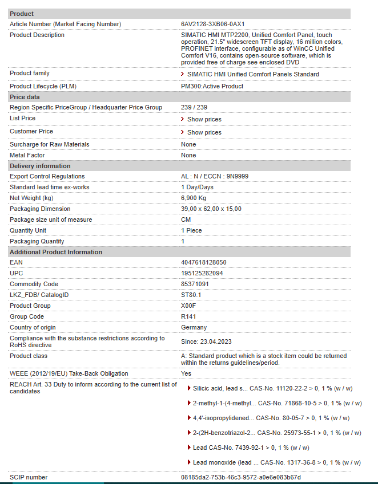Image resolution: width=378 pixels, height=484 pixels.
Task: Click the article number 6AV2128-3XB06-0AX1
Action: click(x=212, y=24)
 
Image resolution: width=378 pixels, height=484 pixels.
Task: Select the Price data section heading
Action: click(x=25, y=97)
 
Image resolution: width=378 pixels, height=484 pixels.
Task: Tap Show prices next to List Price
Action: click(x=204, y=119)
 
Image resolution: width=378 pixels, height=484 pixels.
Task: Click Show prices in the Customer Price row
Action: click(x=204, y=132)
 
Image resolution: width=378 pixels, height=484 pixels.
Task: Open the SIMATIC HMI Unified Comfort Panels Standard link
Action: click(x=253, y=74)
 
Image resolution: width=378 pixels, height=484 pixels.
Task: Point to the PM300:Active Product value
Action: click(x=212, y=86)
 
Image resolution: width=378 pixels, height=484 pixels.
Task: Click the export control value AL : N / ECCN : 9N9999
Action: click(x=215, y=176)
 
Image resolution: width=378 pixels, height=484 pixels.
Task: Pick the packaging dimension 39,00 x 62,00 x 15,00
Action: click(x=211, y=209)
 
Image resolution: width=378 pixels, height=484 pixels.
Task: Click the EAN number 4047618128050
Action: click(x=203, y=262)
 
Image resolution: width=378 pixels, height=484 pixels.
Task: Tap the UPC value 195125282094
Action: click(x=202, y=273)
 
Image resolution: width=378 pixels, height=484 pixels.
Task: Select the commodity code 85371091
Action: click(x=195, y=284)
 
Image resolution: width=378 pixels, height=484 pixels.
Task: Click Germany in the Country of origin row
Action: click(x=194, y=327)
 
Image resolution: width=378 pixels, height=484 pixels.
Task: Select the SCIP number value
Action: click(x=240, y=477)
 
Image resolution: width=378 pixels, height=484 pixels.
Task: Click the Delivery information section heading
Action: click(x=40, y=166)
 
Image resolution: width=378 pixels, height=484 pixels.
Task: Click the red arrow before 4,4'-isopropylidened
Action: click(x=189, y=418)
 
